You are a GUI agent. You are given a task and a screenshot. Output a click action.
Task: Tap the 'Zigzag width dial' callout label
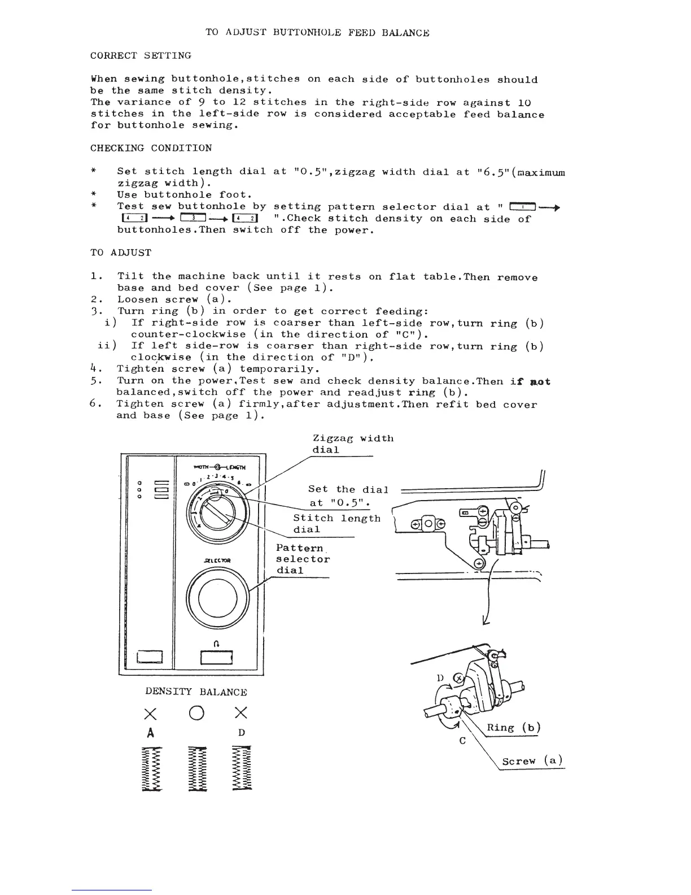(353, 444)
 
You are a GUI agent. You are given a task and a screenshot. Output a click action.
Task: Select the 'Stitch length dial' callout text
(336, 524)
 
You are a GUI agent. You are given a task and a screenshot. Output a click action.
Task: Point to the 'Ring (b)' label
(514, 728)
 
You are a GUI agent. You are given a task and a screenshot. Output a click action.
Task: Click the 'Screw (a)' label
(532, 761)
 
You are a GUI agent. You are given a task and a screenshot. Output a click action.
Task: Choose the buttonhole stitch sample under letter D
(242, 768)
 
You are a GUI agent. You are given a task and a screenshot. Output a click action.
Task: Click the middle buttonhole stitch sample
(196, 768)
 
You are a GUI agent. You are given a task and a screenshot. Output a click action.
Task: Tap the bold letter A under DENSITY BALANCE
(150, 733)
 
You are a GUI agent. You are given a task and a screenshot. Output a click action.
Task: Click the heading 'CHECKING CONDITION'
(151, 148)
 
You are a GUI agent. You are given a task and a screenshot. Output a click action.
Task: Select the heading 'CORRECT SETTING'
(141, 55)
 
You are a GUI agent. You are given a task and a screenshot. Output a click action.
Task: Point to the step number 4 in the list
(94, 369)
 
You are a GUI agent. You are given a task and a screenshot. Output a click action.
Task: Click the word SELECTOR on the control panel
(217, 561)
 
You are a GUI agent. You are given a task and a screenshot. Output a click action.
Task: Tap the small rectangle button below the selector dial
(216, 658)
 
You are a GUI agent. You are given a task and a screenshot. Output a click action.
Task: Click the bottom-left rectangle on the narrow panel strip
(150, 657)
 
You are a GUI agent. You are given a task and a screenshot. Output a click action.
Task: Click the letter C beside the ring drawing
(462, 741)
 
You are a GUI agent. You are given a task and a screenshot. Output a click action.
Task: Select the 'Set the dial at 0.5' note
(348, 496)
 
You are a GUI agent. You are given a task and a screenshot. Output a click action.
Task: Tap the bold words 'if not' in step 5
(530, 381)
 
